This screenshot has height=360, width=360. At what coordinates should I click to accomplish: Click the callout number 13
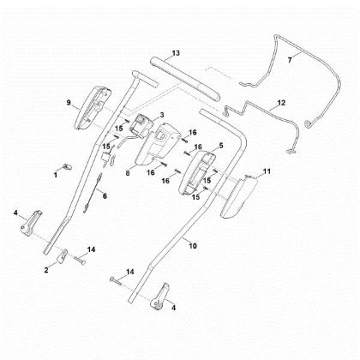(x=176, y=53)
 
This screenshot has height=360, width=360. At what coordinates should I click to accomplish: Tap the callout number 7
(x=290, y=60)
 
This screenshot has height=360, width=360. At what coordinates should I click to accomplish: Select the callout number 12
(x=281, y=103)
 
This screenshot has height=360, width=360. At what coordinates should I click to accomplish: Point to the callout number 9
(x=69, y=103)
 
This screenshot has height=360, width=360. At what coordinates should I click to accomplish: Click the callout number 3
(x=162, y=115)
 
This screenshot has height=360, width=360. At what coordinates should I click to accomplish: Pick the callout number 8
(x=128, y=173)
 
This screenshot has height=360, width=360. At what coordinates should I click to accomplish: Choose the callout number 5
(x=220, y=146)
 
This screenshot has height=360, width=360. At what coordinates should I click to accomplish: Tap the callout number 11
(x=267, y=171)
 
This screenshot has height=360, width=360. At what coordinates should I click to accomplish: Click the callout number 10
(x=193, y=246)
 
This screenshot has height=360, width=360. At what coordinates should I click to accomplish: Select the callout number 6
(x=105, y=196)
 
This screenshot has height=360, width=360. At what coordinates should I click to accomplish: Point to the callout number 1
(x=56, y=175)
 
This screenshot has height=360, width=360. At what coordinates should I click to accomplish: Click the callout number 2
(x=46, y=270)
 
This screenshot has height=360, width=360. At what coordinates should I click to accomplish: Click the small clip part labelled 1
(x=67, y=166)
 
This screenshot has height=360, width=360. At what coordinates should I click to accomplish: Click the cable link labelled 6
(x=93, y=193)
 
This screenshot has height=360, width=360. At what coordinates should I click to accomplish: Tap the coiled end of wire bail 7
(x=308, y=123)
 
